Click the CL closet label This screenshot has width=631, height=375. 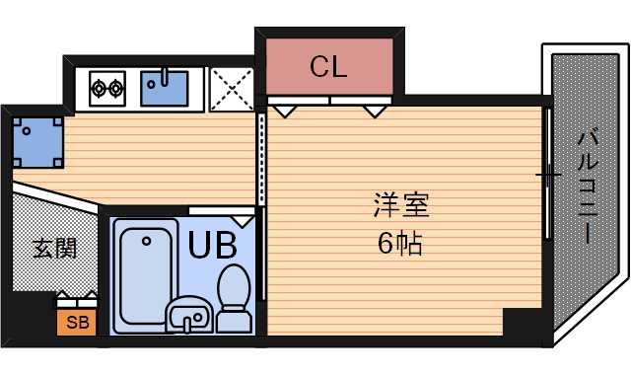point(328,67)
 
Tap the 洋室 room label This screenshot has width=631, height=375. point(401,206)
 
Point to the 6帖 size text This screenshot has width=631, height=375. point(400,243)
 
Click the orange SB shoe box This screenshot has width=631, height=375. point(76,322)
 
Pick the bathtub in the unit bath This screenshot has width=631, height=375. point(144,277)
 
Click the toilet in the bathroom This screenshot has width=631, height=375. point(235,296)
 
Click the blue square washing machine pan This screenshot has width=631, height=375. point(37,141)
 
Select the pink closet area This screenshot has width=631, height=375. point(328,67)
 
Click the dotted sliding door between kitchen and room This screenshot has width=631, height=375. point(261,158)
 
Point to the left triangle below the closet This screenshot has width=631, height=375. point(283,111)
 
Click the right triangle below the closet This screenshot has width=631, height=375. point(374,111)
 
